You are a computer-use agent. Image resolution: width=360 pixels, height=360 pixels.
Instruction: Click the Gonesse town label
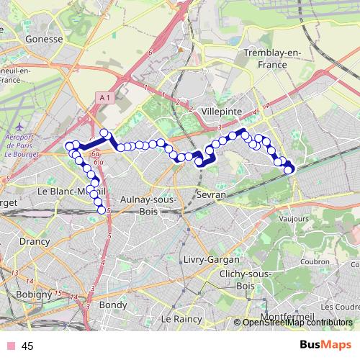[44, 40]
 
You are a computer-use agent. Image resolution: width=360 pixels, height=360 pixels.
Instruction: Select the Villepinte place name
[221, 112]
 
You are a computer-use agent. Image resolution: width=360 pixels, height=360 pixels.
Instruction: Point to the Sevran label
[211, 194]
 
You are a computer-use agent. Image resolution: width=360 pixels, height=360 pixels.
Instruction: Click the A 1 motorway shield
[104, 97]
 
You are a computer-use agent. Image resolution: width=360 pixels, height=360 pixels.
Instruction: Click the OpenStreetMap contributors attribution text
[297, 323]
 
